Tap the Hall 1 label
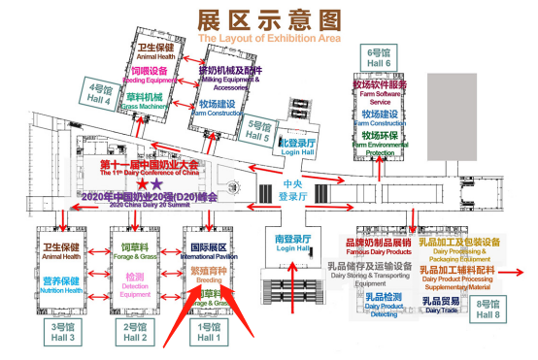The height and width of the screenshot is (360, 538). tap(209, 333)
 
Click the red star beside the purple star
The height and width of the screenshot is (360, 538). tap(143, 182)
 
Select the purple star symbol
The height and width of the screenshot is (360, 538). tap(157, 182)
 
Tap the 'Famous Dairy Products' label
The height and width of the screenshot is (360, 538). tap(379, 252)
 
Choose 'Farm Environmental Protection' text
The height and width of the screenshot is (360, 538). tap(379, 149)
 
